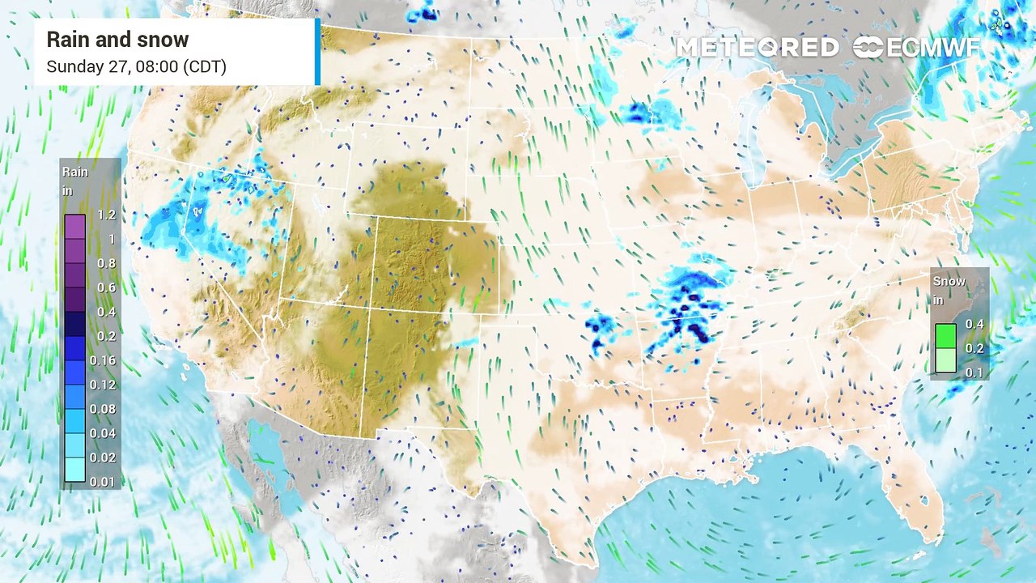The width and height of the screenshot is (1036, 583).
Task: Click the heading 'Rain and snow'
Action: pyautogui.click(x=117, y=40)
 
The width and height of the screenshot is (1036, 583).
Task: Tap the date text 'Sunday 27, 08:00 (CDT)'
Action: pyautogui.click(x=136, y=66)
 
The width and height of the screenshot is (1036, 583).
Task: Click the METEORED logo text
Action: pyautogui.click(x=757, y=47)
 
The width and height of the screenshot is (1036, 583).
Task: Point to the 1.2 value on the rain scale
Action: pyautogui.click(x=106, y=215)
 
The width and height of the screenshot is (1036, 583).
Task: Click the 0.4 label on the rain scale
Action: pyautogui.click(x=106, y=312)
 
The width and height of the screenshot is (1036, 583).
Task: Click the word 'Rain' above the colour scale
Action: pyautogui.click(x=75, y=172)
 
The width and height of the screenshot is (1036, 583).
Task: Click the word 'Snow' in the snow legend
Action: pyautogui.click(x=949, y=281)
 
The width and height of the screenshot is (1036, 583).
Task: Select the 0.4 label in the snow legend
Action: pyautogui.click(x=974, y=325)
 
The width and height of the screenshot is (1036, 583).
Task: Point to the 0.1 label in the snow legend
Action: pyautogui.click(x=974, y=372)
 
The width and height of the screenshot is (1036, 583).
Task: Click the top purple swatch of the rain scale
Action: pyautogui.click(x=74, y=227)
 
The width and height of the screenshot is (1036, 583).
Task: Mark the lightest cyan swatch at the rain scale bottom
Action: pyautogui.click(x=74, y=470)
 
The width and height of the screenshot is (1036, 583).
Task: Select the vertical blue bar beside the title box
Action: pyautogui.click(x=317, y=52)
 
